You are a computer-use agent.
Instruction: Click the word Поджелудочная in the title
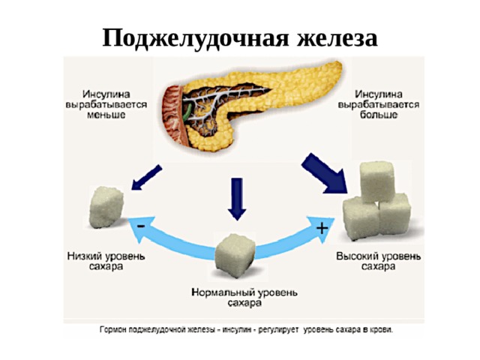tap(195, 38)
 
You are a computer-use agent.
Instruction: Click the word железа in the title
tap(337, 38)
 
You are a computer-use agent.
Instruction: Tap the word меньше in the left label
tap(106, 115)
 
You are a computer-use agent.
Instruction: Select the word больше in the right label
tap(378, 115)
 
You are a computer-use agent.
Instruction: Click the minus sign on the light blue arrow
tap(141, 226)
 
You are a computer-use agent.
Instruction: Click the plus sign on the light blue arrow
tap(322, 228)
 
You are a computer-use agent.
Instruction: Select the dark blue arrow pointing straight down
tap(237, 199)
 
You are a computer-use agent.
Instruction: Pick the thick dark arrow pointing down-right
tap(325, 173)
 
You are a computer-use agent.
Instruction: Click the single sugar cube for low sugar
tap(106, 207)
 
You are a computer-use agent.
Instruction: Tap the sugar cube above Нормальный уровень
tap(235, 255)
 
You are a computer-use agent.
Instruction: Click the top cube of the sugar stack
tap(377, 181)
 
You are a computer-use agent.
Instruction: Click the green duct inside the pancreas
tap(187, 112)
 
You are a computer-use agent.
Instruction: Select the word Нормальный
tap(223, 292)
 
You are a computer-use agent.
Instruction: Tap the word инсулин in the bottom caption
tap(235, 330)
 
